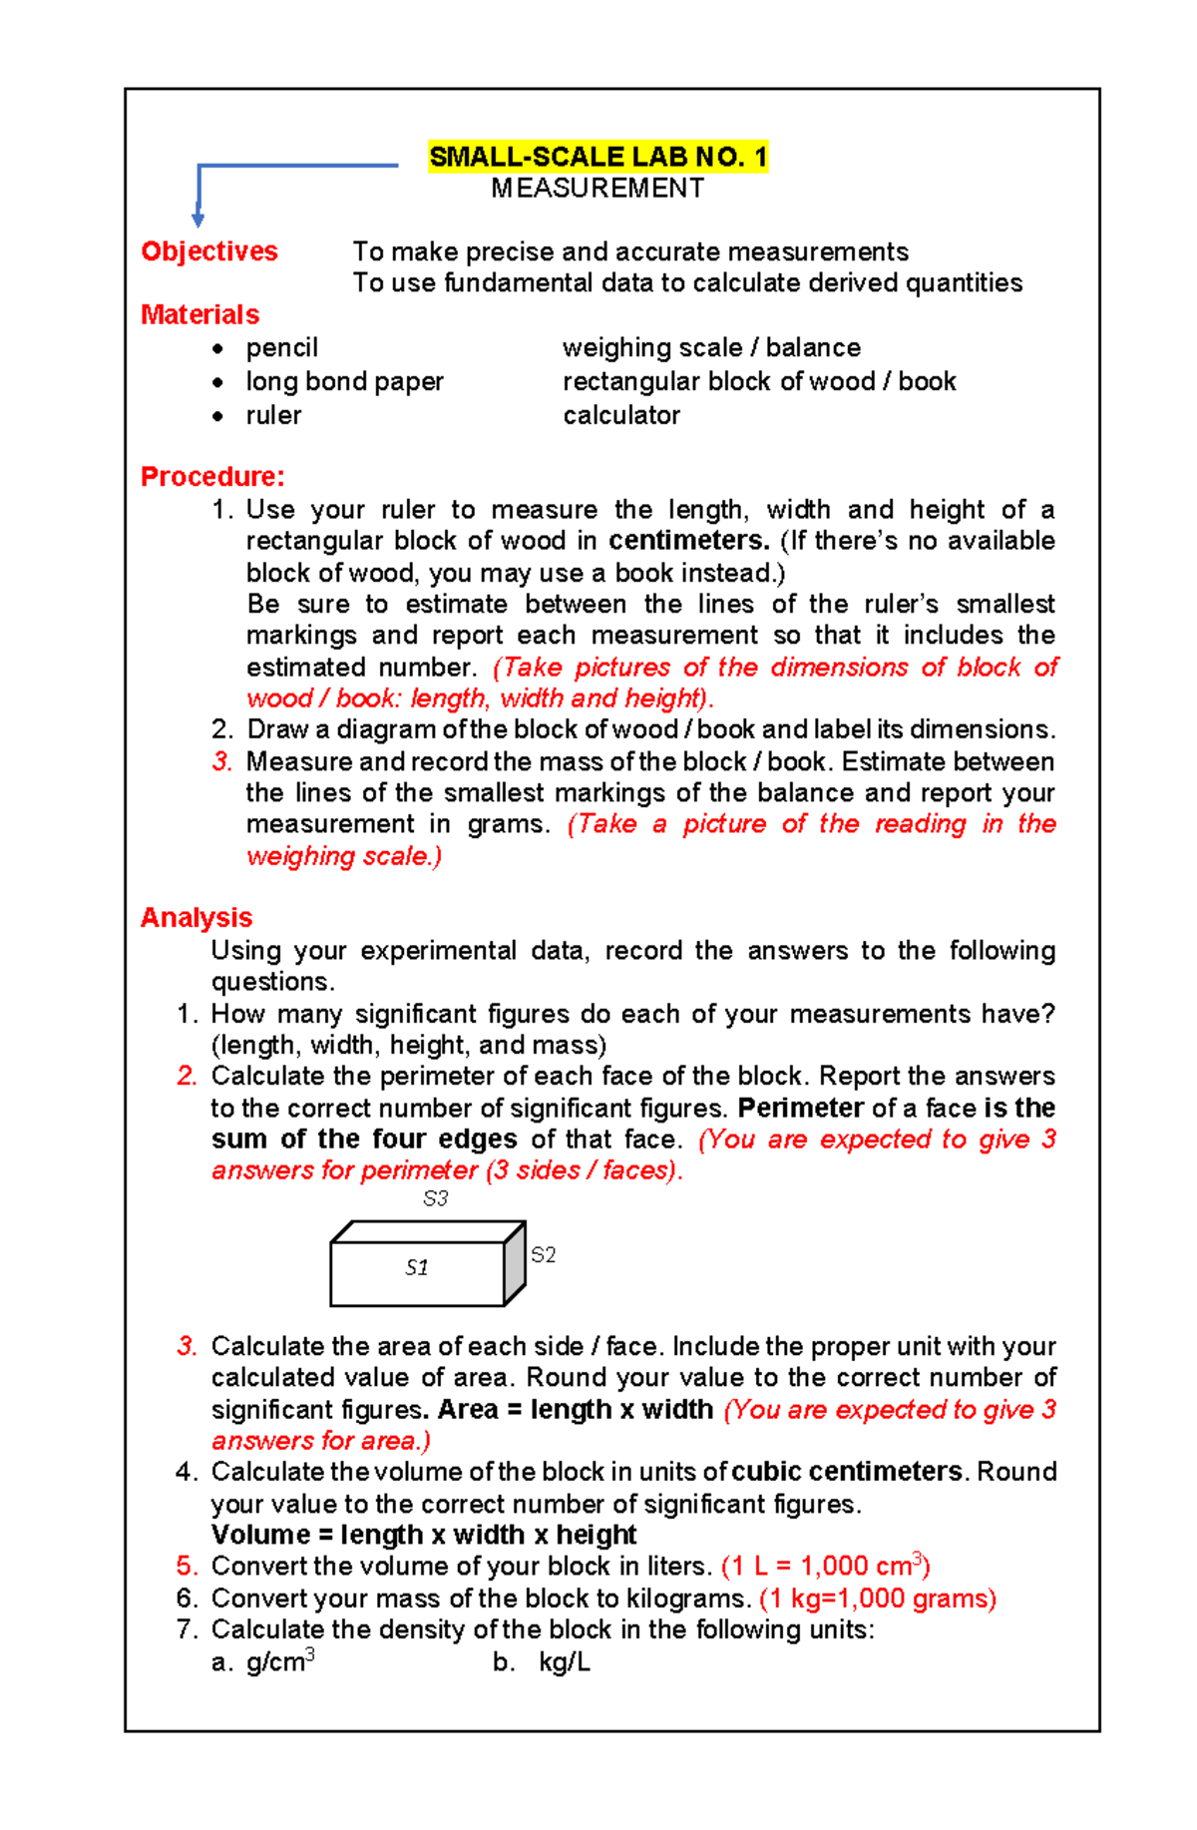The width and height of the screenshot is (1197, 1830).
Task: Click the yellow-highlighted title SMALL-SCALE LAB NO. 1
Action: click(x=598, y=158)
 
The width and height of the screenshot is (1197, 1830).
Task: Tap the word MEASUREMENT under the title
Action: click(x=598, y=189)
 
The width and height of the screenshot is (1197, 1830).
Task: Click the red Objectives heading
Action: click(x=209, y=251)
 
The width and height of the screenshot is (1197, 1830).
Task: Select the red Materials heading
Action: click(x=199, y=315)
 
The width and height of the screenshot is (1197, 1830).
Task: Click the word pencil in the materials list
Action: click(x=281, y=348)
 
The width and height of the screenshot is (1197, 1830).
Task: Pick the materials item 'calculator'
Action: click(x=620, y=416)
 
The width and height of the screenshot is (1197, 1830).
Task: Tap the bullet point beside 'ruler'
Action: click(x=217, y=417)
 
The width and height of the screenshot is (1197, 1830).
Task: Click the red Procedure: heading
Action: click(x=212, y=477)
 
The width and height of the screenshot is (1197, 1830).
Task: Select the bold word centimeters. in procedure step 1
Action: click(x=689, y=541)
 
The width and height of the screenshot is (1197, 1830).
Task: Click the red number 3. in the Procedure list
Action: click(x=221, y=762)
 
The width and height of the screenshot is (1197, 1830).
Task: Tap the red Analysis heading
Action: click(x=197, y=918)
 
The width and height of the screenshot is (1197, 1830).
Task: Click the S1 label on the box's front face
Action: click(x=417, y=1268)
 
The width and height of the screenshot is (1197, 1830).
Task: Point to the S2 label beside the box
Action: click(x=543, y=1255)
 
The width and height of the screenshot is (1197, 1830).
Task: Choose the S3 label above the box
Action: click(x=436, y=1199)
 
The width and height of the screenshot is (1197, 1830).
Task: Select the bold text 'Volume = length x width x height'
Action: click(x=424, y=1535)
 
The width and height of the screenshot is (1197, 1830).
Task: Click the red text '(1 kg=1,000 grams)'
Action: click(x=878, y=1599)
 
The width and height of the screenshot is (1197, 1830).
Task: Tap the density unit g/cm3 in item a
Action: click(x=280, y=1662)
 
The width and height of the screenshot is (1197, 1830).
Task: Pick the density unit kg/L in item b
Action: click(x=565, y=1662)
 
